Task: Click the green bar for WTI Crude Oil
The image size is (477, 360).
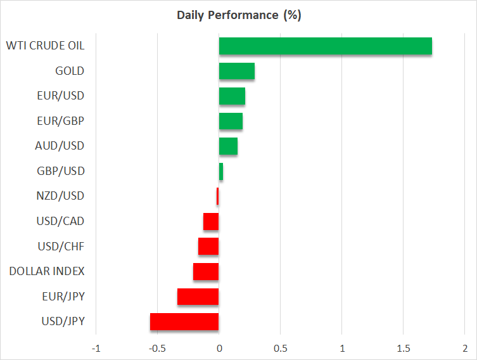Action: (325, 46)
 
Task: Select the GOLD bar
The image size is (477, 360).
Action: (237, 71)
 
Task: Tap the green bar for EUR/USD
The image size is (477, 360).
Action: (232, 96)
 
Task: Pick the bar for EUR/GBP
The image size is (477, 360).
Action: (231, 121)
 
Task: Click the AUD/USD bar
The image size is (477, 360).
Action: (228, 146)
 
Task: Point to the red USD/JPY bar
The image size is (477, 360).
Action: (184, 322)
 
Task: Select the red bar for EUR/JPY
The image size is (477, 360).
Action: (198, 297)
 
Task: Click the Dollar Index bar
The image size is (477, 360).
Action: (206, 272)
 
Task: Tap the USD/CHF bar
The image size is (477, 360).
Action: (208, 247)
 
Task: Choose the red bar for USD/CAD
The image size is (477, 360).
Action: (211, 222)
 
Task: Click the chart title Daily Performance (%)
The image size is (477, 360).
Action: (239, 15)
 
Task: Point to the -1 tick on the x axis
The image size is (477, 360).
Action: (96, 349)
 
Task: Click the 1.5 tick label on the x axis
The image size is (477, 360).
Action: (403, 349)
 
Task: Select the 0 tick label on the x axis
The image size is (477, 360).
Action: (219, 349)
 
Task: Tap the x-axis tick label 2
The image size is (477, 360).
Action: (464, 349)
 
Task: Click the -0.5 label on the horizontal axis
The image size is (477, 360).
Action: (157, 349)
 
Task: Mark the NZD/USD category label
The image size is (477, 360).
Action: (61, 196)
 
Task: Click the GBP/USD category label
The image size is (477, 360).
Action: (61, 171)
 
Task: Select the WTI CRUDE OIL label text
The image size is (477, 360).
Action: (45, 46)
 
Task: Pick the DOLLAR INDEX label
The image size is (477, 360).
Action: (47, 272)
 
